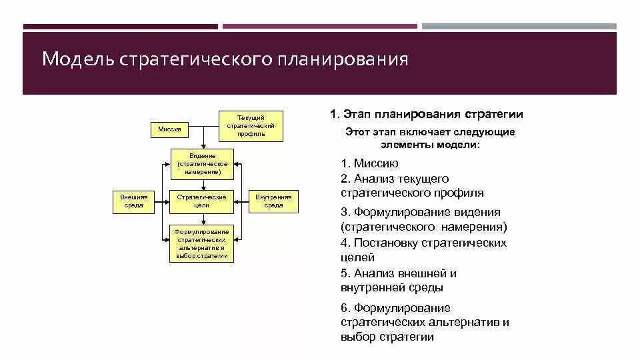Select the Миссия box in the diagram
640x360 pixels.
pyautogui.click(x=169, y=129)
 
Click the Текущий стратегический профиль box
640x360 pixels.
pyautogui.click(x=251, y=125)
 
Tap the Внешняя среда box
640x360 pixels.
pyautogui.click(x=133, y=201)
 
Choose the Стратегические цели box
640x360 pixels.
pyautogui.click(x=202, y=201)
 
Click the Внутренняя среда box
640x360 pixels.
pyautogui.click(x=273, y=201)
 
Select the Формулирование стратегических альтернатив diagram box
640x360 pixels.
pyautogui.click(x=202, y=243)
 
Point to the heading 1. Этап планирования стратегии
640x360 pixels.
pyautogui.click(x=427, y=115)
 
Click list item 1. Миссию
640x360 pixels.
pyautogui.click(x=369, y=163)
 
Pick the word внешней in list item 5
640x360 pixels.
pyautogui.click(x=415, y=273)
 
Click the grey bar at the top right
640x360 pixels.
pyautogui.click(x=519, y=27)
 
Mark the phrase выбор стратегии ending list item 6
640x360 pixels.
pyautogui.click(x=387, y=337)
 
